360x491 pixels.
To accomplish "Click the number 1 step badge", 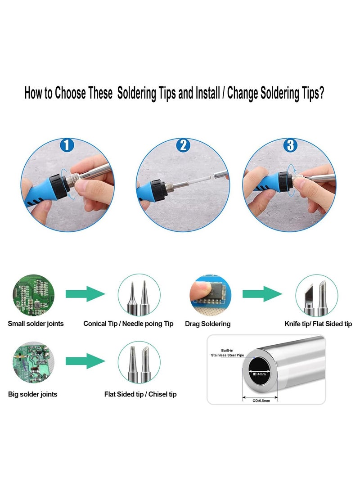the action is point(67,145).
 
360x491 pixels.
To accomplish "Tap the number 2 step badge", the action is point(183,145).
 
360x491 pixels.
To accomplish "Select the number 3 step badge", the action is point(291,145).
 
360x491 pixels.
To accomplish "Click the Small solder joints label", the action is point(36,324).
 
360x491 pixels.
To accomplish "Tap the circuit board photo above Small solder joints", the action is point(33,295).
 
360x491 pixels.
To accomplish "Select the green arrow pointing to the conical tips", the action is point(85,294).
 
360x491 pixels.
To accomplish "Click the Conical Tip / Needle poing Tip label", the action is point(128,324).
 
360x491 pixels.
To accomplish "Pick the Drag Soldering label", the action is point(207,324).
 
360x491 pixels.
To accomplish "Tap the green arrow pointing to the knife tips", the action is point(262,294).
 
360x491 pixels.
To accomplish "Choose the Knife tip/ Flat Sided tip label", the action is point(318,324).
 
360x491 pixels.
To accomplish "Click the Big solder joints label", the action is point(32,394).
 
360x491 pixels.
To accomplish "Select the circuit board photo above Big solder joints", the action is point(33,362).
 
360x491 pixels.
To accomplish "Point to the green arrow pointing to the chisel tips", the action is point(85,361).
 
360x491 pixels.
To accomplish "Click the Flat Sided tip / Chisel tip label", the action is point(140,394).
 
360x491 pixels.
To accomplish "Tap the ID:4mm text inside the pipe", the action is point(259,374).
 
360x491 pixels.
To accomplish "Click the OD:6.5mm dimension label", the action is point(261,401).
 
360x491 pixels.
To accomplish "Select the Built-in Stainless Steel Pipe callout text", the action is point(227,352).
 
